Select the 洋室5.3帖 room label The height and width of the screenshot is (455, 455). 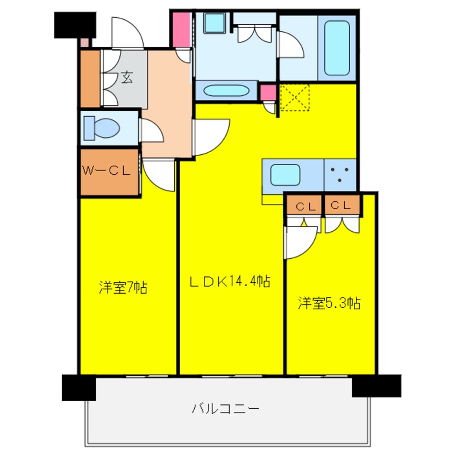pos(329,303)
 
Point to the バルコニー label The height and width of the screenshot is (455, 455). pos(226,408)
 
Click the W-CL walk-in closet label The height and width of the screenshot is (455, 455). pos(106,172)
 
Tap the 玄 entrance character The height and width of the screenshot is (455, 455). pos(127,77)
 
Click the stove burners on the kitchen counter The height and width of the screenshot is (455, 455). pos(340,174)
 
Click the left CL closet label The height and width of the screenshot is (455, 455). pos(304,205)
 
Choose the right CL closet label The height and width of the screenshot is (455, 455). pos(342,205)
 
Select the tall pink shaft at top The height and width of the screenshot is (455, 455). pos(182,29)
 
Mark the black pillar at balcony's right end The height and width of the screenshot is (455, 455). pos(376,386)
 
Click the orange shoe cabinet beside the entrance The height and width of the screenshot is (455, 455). pos(90,79)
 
